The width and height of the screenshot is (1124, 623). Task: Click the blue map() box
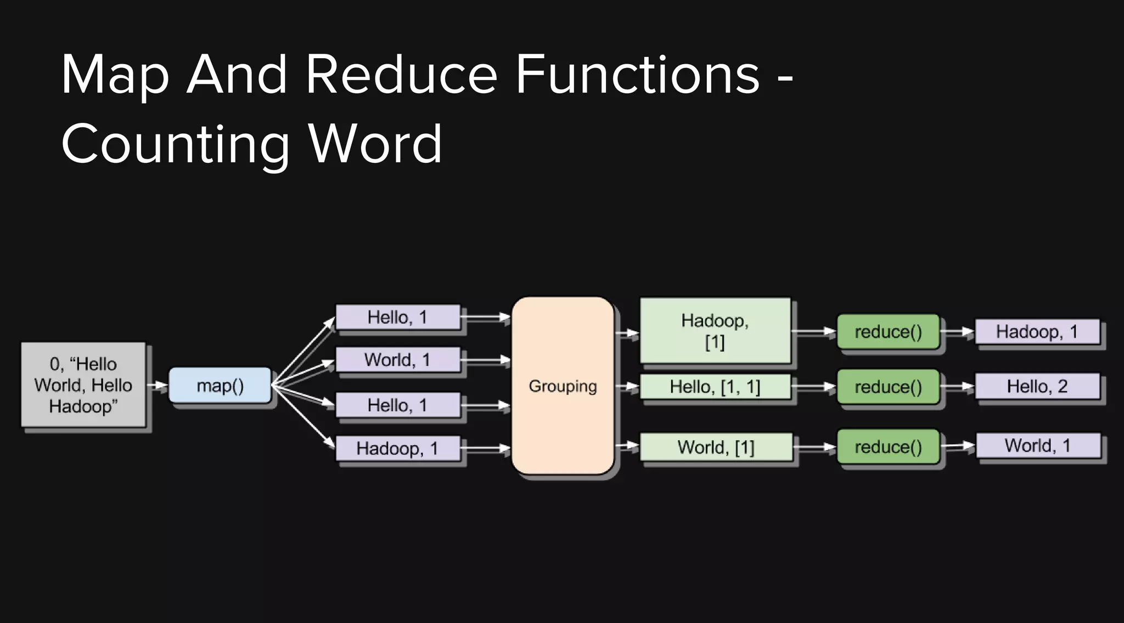coord(220,386)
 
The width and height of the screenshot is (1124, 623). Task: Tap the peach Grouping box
coord(563,386)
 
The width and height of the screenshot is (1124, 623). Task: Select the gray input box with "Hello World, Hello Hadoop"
coord(83,384)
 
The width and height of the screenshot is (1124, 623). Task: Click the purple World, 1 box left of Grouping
coord(397,360)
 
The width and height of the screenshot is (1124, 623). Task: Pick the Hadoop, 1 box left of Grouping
coord(397,448)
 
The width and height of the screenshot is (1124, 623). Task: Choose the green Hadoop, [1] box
coord(715,331)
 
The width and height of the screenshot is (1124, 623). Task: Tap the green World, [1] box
coord(716,447)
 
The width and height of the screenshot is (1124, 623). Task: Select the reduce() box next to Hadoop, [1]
coord(888,332)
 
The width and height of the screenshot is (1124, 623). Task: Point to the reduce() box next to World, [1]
coord(888,447)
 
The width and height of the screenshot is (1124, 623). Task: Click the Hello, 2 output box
coord(1037,386)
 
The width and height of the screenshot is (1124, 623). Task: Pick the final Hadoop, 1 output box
coord(1037,331)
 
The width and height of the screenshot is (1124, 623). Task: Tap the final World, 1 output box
coord(1038,445)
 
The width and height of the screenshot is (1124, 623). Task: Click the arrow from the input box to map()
coord(158,386)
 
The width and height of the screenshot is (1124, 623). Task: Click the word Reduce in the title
coord(401,75)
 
